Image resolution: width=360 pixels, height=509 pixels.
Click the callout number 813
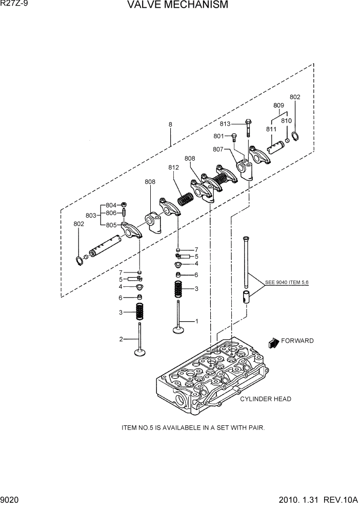[226, 124]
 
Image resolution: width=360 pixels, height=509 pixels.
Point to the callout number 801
[219, 136]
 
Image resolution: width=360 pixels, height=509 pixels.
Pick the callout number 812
[173, 167]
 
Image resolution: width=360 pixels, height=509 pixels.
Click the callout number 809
[278, 105]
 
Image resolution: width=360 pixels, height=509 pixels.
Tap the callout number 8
[170, 124]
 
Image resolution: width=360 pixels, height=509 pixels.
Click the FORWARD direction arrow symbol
[273, 342]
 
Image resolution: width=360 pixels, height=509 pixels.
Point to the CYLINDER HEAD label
[266, 399]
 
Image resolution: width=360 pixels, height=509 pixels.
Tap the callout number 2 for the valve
[121, 339]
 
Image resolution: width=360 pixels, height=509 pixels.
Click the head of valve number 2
[139, 353]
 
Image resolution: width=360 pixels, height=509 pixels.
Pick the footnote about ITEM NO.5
[193, 427]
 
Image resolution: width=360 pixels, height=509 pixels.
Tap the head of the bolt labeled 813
[248, 123]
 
